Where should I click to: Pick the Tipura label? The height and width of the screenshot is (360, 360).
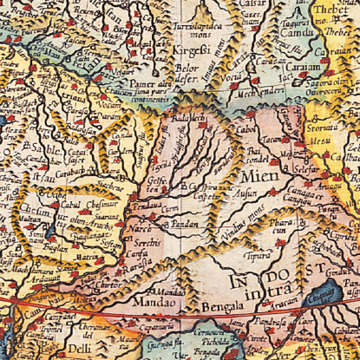tap(258, 256)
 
